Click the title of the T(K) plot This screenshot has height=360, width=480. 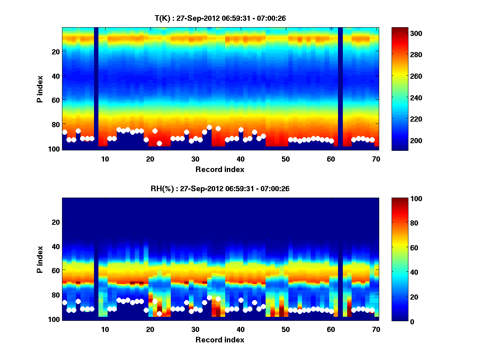(220, 18)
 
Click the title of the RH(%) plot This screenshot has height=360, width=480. (220, 188)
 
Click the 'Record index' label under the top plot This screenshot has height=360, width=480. (220, 169)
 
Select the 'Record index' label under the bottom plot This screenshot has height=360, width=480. (220, 340)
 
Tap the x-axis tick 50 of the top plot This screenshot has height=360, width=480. (286, 159)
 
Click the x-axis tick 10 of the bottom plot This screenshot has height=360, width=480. (105, 329)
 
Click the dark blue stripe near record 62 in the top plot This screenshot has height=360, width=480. (340, 88)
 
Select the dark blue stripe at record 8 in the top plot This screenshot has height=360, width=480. (96, 88)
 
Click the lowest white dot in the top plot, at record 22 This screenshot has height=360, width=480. (159, 143)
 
